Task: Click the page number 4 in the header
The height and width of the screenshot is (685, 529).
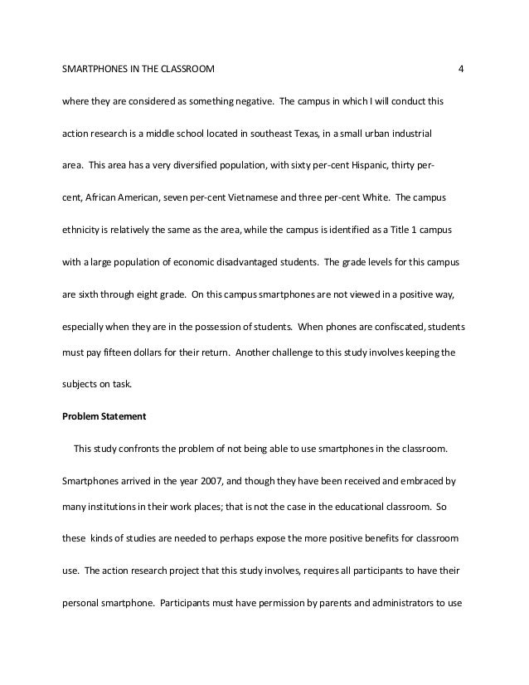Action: point(461,67)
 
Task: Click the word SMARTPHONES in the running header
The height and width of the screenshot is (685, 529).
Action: point(92,67)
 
